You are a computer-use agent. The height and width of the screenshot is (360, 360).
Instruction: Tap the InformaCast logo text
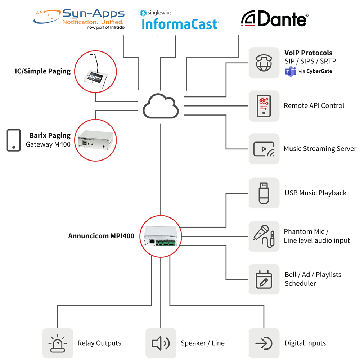click(180, 24)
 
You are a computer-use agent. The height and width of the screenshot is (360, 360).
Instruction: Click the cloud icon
click(161, 106)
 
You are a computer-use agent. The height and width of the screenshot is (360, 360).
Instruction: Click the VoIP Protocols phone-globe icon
click(264, 63)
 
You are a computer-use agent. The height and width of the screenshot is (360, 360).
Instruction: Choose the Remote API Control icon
click(264, 106)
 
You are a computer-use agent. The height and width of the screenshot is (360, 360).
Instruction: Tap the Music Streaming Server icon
click(264, 149)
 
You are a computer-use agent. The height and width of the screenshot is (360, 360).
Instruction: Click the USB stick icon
click(264, 193)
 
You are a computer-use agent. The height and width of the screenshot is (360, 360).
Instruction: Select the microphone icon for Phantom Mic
click(264, 236)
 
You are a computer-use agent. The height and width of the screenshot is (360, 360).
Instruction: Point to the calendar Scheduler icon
click(264, 279)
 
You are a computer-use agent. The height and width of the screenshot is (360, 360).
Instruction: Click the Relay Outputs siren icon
click(58, 343)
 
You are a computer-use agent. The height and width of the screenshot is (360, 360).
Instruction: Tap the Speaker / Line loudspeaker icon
click(161, 343)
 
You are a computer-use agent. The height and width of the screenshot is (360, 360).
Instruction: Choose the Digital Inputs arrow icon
click(264, 343)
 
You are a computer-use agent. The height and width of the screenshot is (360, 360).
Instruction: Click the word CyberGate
click(319, 71)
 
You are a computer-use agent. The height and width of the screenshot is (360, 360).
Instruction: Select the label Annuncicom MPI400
click(101, 236)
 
